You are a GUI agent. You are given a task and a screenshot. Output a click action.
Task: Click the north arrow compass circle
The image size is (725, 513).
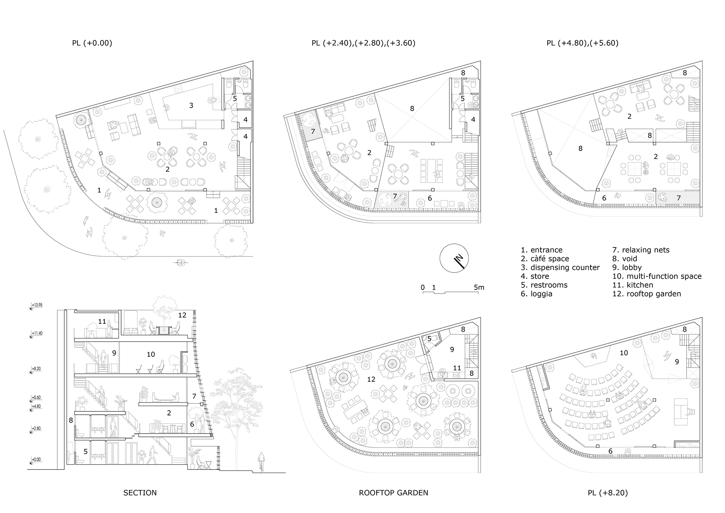pos(454,258)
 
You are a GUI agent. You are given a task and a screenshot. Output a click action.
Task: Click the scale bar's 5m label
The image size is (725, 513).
pos(479,287)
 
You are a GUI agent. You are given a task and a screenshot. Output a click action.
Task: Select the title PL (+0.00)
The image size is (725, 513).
pos(92,43)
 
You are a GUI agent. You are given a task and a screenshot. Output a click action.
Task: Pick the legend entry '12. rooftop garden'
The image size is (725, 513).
pos(646,294)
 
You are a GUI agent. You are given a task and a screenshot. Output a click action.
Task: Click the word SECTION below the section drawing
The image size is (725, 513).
pos(140,493)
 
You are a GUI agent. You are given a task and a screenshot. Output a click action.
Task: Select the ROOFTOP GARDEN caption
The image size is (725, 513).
pos(393,493)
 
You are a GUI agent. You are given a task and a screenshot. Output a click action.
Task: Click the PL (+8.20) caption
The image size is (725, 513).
pos(608,493)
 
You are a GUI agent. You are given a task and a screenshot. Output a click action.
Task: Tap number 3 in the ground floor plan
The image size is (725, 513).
pos(191,106)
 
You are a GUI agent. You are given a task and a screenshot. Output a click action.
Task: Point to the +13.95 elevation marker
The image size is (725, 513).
pos(37,305)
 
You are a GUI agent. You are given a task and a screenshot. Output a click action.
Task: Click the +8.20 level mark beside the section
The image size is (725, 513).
pos(37,368)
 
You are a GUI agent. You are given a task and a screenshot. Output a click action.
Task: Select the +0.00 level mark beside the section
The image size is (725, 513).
pos(36,459)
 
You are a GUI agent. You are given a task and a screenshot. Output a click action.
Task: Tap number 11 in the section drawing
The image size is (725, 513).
pos(102,321)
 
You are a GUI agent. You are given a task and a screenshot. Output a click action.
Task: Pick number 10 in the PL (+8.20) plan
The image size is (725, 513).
pos(623,353)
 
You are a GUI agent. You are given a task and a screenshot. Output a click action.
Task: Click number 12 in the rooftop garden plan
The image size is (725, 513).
pos(371,379)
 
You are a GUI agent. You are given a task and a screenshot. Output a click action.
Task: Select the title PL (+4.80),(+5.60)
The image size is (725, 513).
pos(582,43)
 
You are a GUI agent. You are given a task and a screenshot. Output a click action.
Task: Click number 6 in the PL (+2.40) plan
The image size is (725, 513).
pos(430,198)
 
